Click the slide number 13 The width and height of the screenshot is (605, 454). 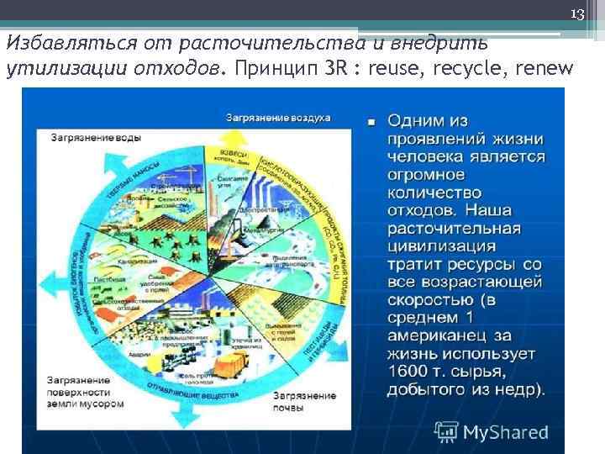point(576,14)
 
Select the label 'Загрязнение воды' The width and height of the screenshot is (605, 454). point(95,136)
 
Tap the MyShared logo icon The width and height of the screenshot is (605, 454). point(446,432)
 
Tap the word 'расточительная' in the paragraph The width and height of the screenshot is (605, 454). point(454,229)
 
